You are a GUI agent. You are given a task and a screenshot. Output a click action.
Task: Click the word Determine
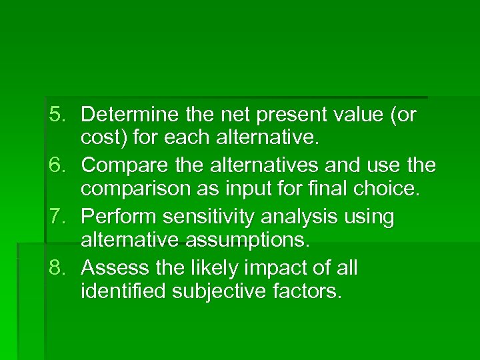(x=127, y=115)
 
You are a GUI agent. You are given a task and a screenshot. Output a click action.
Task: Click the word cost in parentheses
(x=101, y=140)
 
